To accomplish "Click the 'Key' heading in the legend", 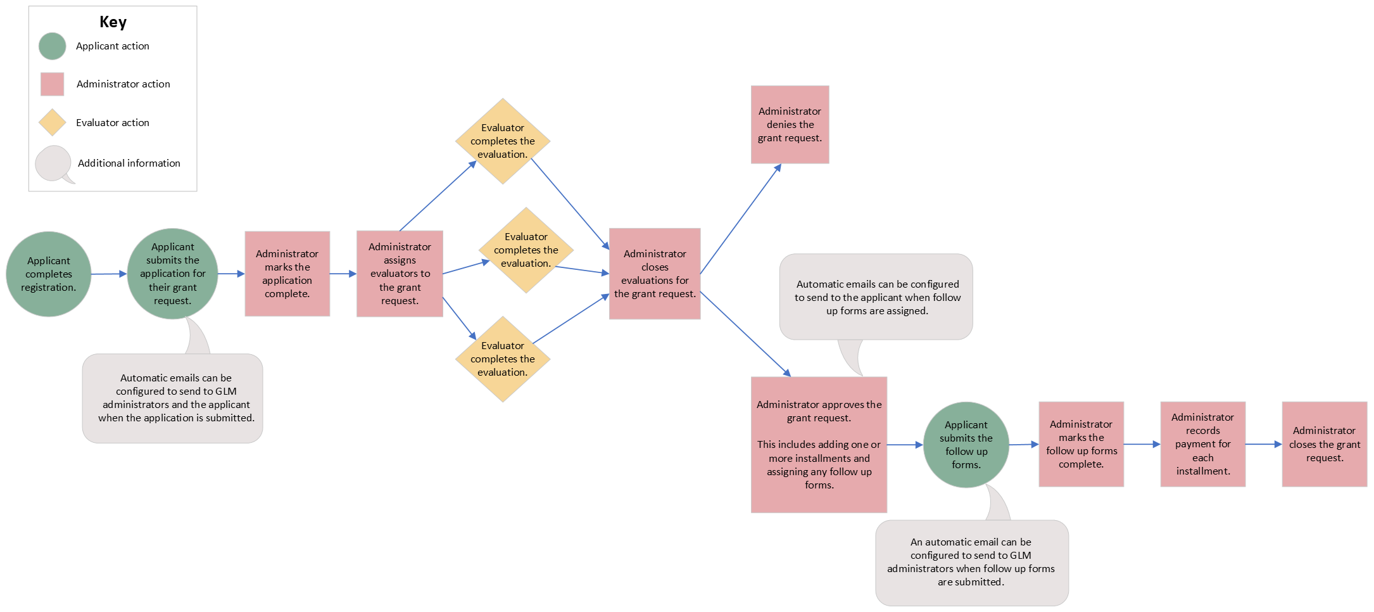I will [x=113, y=22].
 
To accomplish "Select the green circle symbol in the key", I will [x=52, y=46].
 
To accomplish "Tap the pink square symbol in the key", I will [x=52, y=84].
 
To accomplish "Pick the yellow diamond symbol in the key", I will [x=52, y=122].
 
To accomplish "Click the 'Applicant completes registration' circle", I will [x=49, y=274].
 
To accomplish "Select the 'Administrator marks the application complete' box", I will [x=287, y=274].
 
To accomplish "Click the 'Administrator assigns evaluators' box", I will [x=400, y=274].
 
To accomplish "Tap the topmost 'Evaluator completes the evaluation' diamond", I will [x=503, y=141].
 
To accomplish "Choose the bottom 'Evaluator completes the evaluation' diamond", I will [x=503, y=359].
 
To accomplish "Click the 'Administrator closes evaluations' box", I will [x=655, y=274].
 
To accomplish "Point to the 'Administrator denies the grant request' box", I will [x=790, y=124].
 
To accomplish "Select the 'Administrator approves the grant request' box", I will [x=819, y=445].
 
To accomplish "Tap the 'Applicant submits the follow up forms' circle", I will [x=966, y=445].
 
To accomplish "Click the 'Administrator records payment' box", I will [x=1202, y=444].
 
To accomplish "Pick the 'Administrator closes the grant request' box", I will [x=1324, y=444].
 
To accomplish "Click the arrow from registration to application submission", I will [x=108, y=274].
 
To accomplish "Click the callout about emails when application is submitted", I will [x=173, y=398].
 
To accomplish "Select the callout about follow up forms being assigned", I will [x=876, y=297].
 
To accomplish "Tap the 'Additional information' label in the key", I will [x=129, y=163].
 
